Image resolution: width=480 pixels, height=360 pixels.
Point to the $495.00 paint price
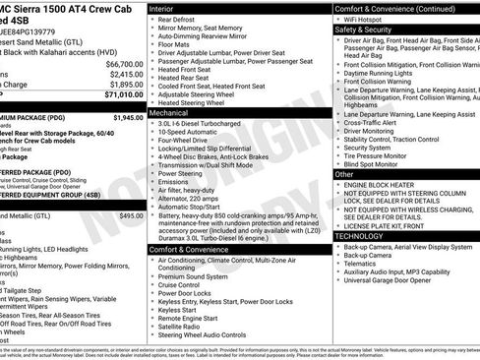click(x=131, y=215)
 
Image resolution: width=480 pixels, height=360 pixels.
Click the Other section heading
click(x=344, y=174)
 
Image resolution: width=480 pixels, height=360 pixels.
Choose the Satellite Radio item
click(x=184, y=327)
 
